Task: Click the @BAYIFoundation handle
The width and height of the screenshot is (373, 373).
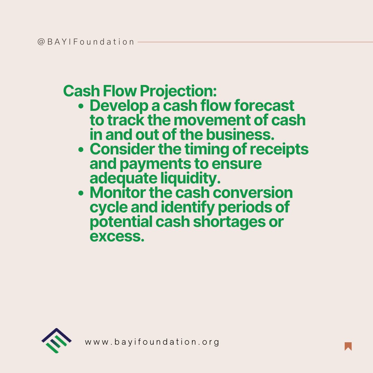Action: [x=86, y=42]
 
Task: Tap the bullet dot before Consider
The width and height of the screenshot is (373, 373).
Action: [x=81, y=150]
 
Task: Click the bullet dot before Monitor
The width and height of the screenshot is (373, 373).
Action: [x=81, y=193]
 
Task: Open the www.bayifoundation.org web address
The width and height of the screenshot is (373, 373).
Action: [x=152, y=342]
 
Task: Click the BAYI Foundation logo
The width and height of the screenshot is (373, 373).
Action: [x=56, y=341]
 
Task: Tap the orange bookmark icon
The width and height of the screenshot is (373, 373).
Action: [x=348, y=346]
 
